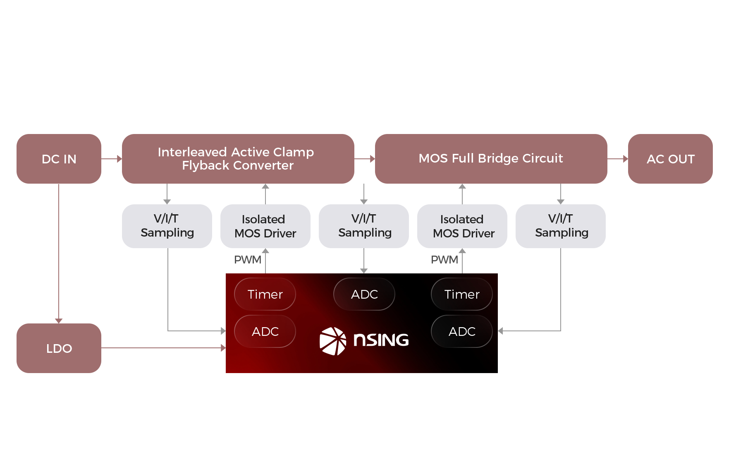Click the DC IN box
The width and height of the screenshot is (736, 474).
59,159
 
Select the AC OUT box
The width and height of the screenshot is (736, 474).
670,159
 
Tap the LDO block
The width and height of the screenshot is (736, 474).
59,348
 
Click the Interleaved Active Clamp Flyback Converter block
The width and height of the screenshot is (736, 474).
238,159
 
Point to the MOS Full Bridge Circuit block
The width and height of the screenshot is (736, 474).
491,159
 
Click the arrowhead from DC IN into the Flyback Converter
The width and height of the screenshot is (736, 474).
119,159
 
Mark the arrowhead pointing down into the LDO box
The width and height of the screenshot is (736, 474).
59,321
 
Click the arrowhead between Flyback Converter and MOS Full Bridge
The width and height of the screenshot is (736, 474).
373,159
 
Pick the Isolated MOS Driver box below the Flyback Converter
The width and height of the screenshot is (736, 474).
265,226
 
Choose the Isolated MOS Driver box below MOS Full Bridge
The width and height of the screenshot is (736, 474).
462,226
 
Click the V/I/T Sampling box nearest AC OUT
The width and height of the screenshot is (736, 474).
561,226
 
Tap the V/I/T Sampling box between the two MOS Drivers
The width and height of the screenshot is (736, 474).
364,226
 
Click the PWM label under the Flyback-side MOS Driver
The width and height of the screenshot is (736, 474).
247,260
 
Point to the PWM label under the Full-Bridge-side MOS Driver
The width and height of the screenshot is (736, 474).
444,260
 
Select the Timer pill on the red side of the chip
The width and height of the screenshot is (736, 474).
265,294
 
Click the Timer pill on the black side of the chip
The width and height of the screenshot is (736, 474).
462,294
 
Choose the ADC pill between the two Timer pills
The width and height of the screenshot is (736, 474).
364,294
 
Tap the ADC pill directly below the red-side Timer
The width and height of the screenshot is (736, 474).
265,331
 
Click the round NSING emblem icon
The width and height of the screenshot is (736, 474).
333,341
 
